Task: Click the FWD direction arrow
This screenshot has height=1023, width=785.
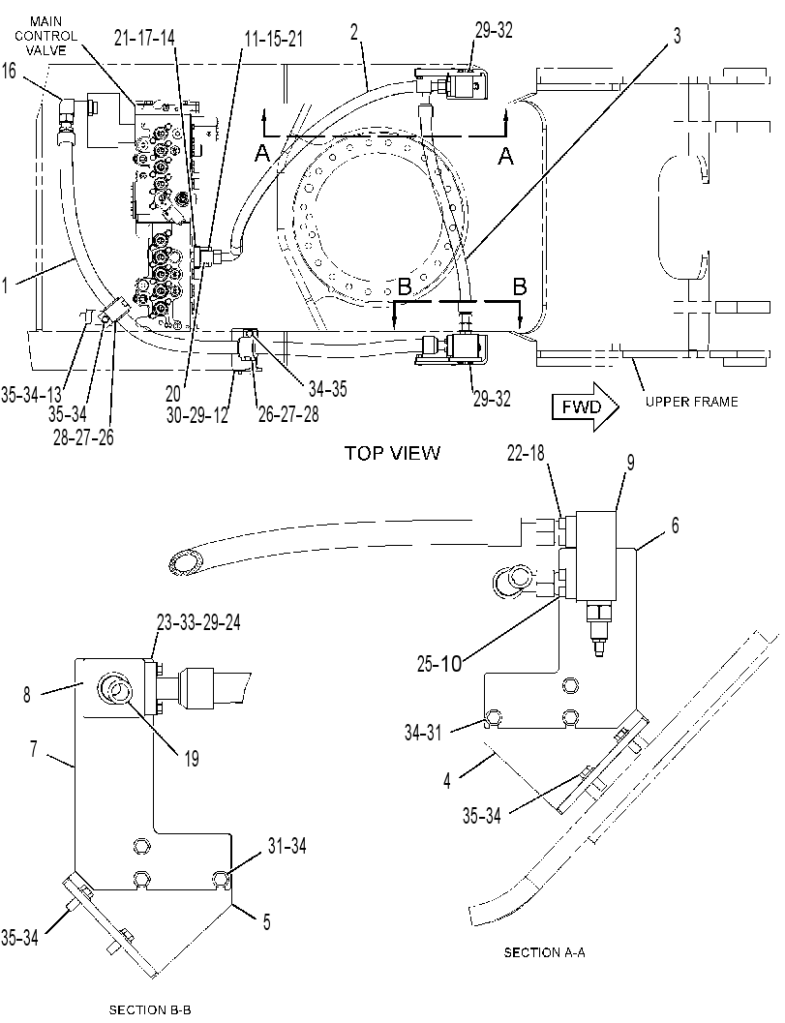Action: (x=586, y=407)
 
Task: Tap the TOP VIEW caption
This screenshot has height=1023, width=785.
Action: (x=393, y=453)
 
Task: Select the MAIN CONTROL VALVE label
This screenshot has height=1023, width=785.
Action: (x=45, y=36)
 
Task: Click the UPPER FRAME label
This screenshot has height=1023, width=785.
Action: (x=692, y=402)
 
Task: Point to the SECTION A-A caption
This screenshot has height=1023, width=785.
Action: (x=545, y=952)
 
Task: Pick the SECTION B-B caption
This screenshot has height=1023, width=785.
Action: (x=150, y=1010)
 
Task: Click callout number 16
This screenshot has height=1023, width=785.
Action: (x=9, y=70)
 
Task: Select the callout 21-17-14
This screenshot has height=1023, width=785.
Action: (x=144, y=39)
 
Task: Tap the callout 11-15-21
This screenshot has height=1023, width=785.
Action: (x=273, y=39)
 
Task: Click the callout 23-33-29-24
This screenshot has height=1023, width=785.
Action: (x=198, y=622)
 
